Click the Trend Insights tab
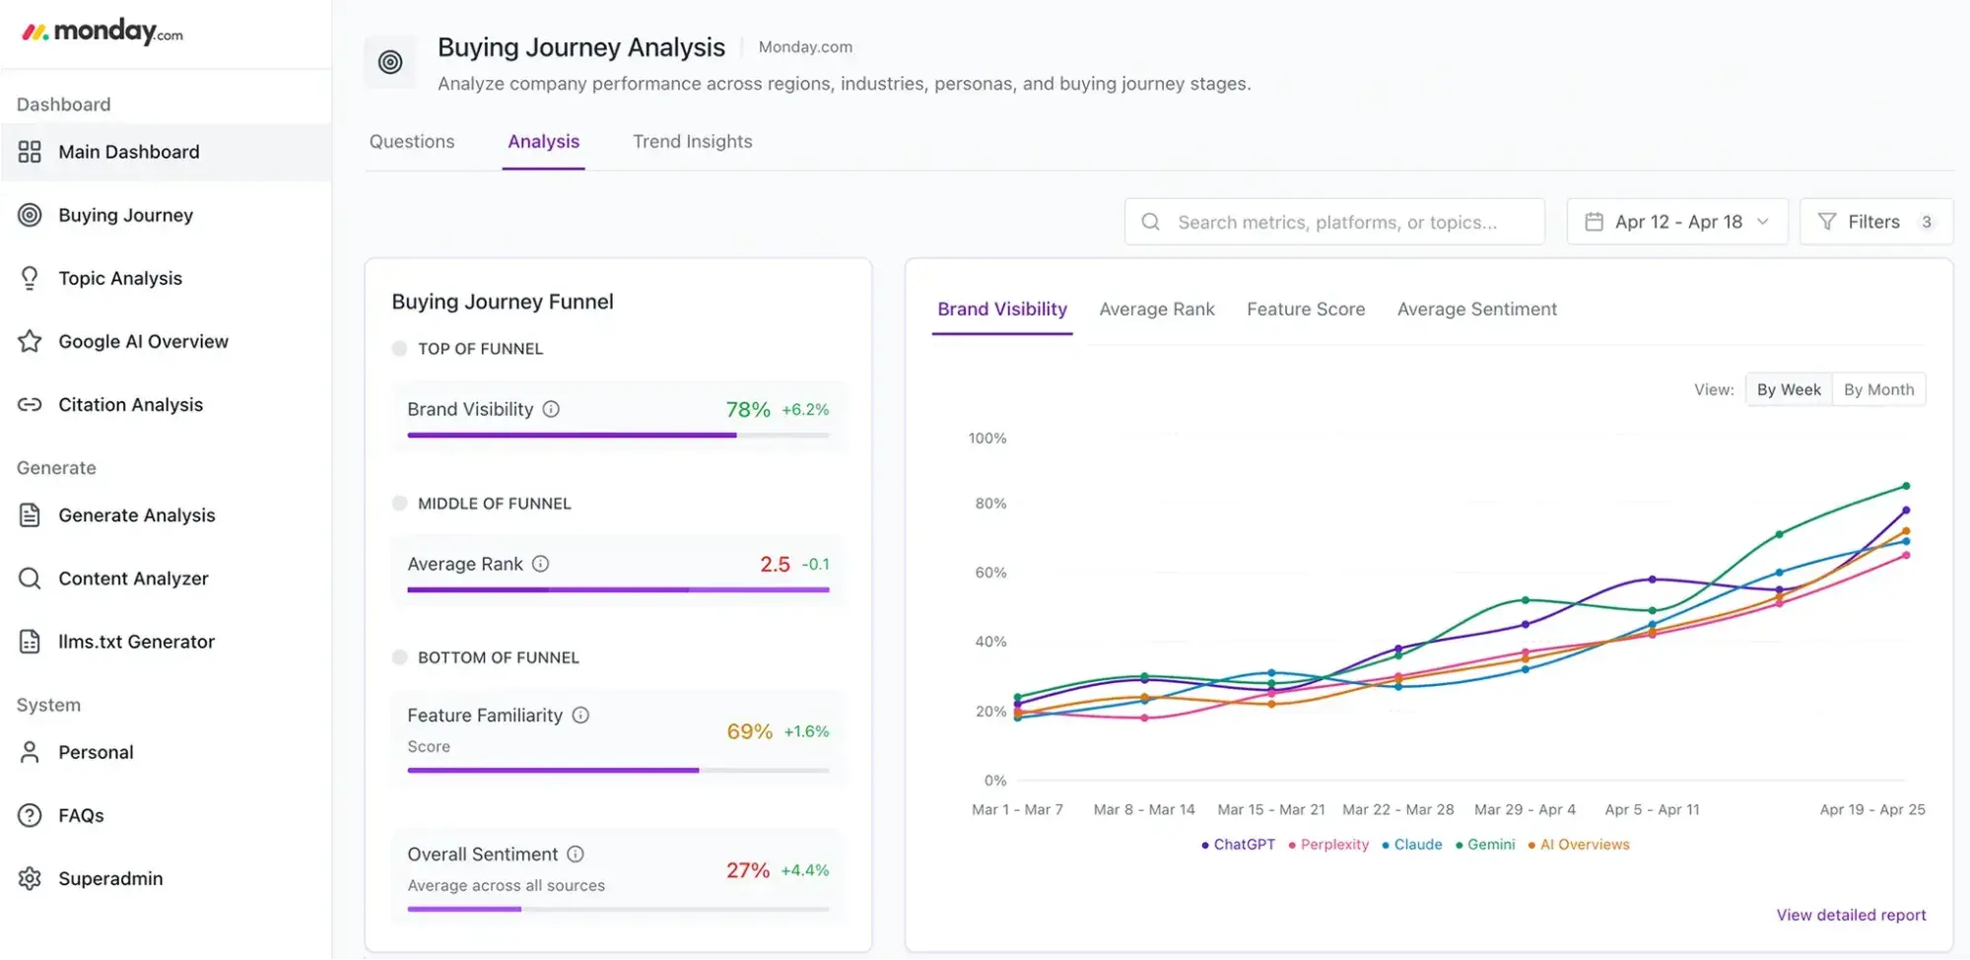[692, 141]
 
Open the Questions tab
[412, 141]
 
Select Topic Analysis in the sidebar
[120, 278]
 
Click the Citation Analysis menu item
[130, 404]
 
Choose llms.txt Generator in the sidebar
[136, 642]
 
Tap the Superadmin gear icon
[30, 878]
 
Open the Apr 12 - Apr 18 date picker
[1677, 222]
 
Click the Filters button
[1874, 222]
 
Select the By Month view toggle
[1878, 389]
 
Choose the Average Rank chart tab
[1157, 309]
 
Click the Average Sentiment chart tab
[1476, 309]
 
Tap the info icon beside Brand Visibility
[551, 409]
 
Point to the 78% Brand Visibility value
[748, 409]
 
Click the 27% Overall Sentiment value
[748, 870]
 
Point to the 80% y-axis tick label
[990, 503]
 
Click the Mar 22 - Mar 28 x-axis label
[1397, 809]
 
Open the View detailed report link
[1851, 915]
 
